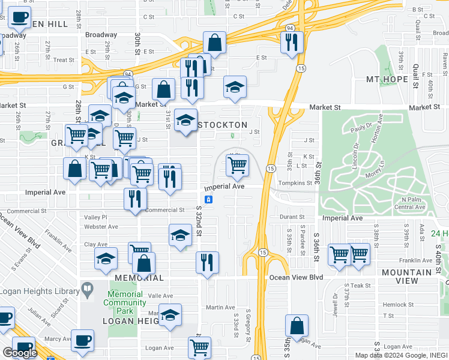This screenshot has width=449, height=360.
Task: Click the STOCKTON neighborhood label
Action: pyautogui.click(x=222, y=125)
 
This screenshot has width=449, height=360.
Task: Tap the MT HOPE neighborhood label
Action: pyautogui.click(x=391, y=80)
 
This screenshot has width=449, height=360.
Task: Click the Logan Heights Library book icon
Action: pyautogui.click(x=87, y=291)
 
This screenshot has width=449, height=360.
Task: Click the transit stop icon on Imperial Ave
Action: pyautogui.click(x=208, y=199)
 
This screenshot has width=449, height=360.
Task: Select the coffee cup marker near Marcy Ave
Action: pyautogui.click(x=82, y=340)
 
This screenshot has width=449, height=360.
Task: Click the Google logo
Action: pyautogui.click(x=20, y=353)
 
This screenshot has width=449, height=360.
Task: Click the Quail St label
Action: pyautogui.click(x=415, y=77)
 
